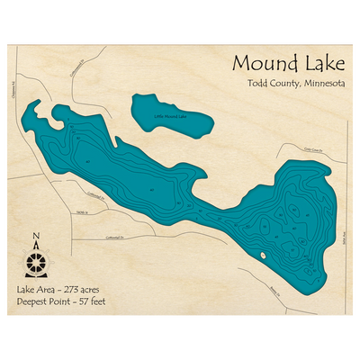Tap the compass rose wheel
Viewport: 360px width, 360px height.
pyautogui.click(x=36, y=263)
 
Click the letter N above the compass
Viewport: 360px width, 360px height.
pyautogui.click(x=36, y=238)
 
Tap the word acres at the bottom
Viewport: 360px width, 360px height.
pyautogui.click(x=97, y=290)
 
